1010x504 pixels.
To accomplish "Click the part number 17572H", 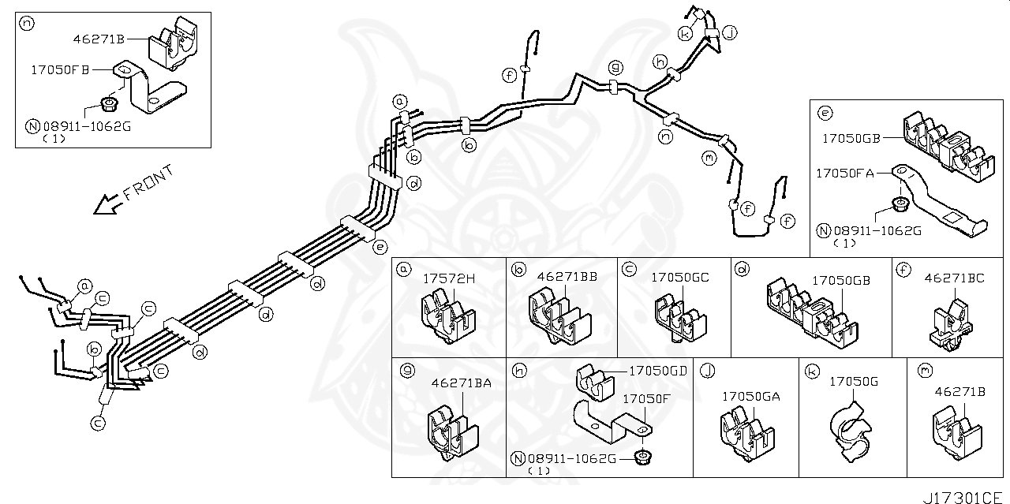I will [x=449, y=278].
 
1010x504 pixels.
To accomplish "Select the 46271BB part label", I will [x=567, y=278].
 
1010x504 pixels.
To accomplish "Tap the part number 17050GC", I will [x=679, y=278].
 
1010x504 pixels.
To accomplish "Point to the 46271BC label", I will [x=954, y=278].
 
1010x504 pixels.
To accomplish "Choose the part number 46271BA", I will [x=462, y=383].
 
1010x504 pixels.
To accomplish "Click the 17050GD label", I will [x=657, y=370].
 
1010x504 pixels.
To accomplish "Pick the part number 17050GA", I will [x=750, y=397].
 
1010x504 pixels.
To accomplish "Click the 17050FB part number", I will [x=60, y=69].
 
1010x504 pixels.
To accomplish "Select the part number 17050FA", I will [x=844, y=172].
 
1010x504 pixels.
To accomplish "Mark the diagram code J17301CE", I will [x=966, y=497].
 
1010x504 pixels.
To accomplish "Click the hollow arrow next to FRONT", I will [x=104, y=204].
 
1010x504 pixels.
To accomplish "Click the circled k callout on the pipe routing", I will [x=685, y=33].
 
